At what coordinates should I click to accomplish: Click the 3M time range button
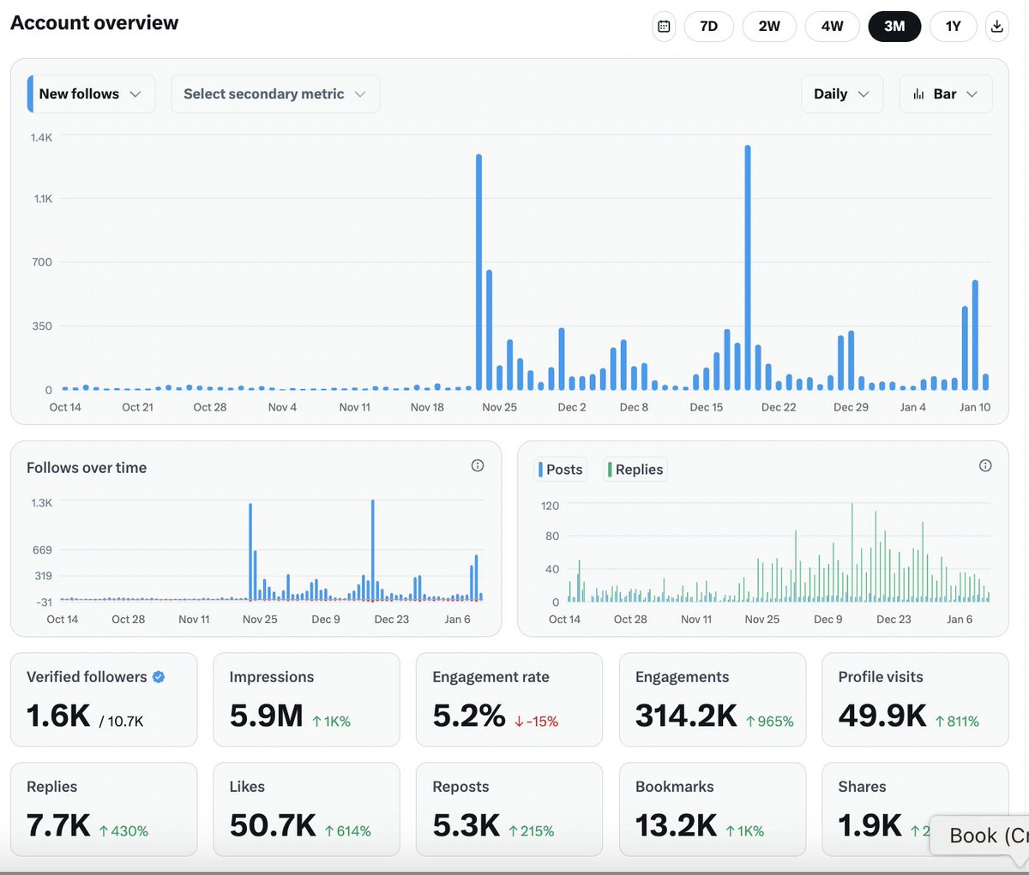894,26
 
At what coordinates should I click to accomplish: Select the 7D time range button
708,26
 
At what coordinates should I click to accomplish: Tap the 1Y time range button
953,26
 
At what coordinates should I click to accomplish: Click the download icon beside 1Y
996,26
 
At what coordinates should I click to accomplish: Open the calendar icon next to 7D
664,26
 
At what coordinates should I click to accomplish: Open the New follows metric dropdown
91,94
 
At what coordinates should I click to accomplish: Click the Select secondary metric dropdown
274,94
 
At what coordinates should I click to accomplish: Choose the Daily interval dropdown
840,94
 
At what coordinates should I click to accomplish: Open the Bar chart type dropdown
945,94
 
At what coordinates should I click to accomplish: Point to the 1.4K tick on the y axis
41,137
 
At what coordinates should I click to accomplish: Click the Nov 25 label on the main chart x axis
499,407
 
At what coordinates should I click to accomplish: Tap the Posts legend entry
563,470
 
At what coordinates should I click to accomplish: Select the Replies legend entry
636,470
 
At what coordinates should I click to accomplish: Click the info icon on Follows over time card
478,465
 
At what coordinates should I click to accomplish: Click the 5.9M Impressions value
266,716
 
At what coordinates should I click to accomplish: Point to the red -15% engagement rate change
537,722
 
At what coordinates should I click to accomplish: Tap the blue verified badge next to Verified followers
159,677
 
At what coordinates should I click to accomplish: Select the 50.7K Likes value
273,825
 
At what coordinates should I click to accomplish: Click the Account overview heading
94,23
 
